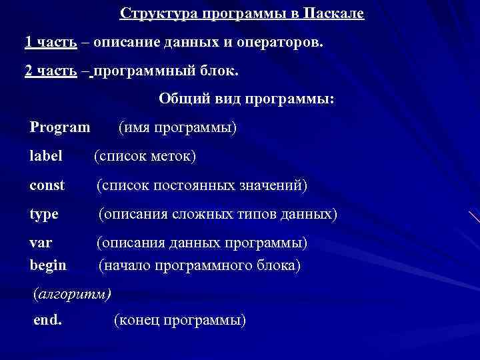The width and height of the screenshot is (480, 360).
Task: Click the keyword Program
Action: (x=60, y=127)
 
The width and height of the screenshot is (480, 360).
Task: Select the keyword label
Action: (x=46, y=156)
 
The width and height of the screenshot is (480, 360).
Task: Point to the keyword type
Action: (x=44, y=215)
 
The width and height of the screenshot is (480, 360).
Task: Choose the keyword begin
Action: (x=48, y=265)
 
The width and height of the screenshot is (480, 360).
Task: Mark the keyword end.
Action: (x=48, y=320)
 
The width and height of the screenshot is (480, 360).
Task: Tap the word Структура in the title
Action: (x=153, y=14)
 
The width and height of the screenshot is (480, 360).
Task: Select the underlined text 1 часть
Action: (x=50, y=43)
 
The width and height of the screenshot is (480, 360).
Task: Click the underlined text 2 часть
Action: (x=50, y=71)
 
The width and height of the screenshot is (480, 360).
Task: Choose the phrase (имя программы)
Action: (x=177, y=127)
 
